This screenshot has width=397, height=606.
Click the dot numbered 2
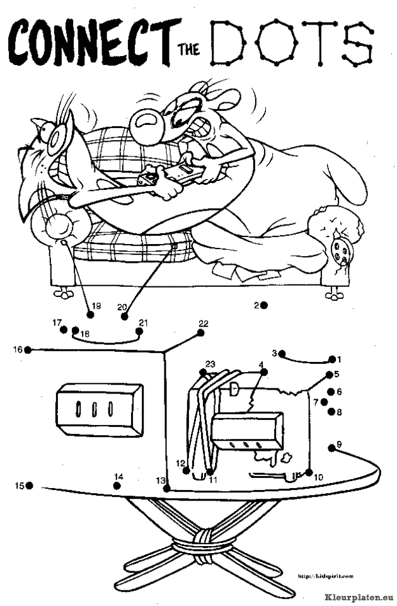tap(264, 305)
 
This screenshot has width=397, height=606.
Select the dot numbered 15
tap(30, 486)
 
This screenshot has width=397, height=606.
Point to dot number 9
tap(331, 448)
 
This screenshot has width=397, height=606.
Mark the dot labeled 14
tap(117, 485)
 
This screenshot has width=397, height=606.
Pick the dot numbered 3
tap(282, 354)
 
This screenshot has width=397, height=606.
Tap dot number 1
tap(331, 360)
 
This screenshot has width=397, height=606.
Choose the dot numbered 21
tap(139, 330)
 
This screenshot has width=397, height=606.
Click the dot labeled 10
tap(309, 472)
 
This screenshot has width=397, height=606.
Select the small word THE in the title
tap(190, 52)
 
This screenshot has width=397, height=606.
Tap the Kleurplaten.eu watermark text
tap(360, 595)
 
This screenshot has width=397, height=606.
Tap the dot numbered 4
tap(264, 372)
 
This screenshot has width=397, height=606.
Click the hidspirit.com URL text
tap(325, 575)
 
